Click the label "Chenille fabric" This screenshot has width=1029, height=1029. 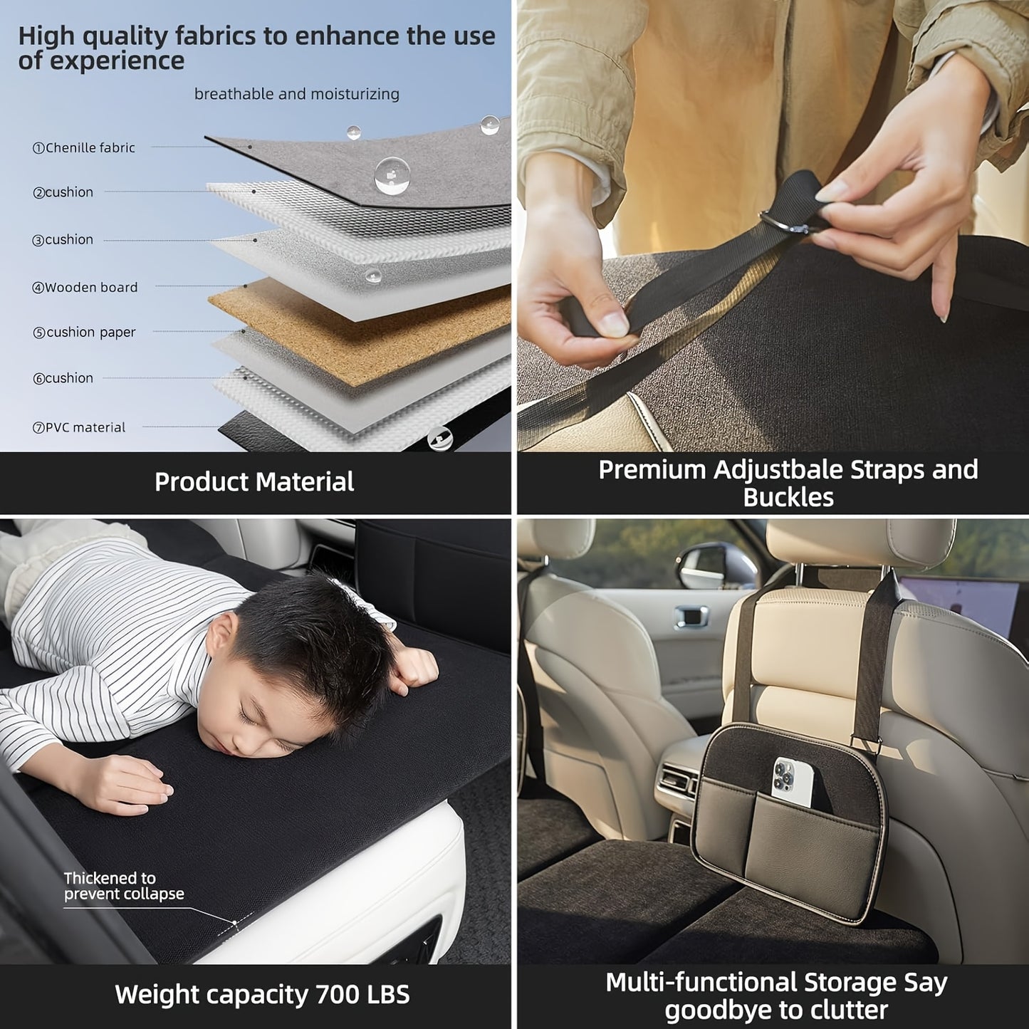84,148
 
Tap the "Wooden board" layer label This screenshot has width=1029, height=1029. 85,288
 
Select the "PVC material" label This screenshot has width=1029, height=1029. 79,428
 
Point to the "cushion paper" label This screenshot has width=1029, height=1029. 84,333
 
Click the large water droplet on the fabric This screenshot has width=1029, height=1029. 392,175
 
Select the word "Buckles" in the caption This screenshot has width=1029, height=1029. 788,498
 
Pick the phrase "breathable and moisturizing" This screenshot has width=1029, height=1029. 297,95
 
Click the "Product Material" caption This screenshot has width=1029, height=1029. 254,481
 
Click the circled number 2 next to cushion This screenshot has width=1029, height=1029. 38,193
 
